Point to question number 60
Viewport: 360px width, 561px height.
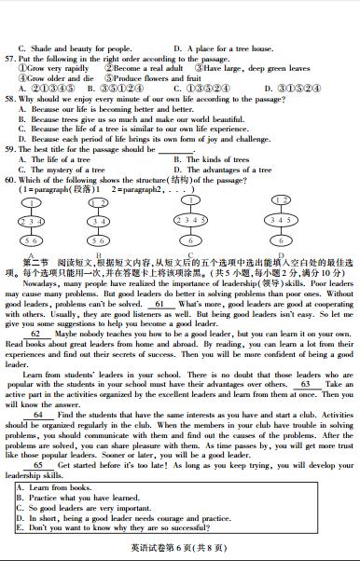coord(12,180)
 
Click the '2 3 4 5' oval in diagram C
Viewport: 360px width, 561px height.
coord(190,221)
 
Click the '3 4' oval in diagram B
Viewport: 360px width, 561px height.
coord(98,221)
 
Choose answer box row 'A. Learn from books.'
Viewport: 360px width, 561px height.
coord(56,487)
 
